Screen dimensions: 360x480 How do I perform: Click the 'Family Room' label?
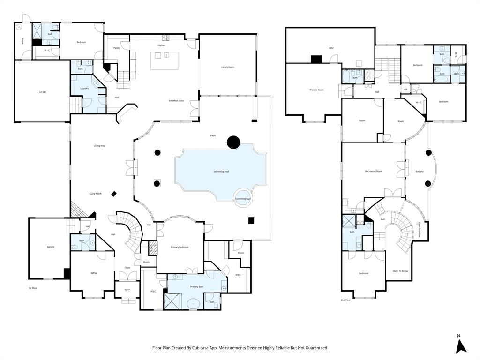click(x=228, y=67)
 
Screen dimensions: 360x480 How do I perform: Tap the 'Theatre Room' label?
click(x=316, y=90)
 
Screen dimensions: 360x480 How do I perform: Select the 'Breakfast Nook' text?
click(x=176, y=101)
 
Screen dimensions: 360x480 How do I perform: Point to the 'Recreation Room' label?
click(x=374, y=172)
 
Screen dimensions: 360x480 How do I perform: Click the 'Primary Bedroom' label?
click(x=180, y=247)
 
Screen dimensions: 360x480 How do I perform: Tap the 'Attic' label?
click(x=331, y=48)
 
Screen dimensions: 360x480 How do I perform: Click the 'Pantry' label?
click(x=117, y=48)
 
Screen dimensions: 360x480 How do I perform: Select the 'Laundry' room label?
click(x=84, y=88)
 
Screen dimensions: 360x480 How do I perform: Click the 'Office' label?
click(x=94, y=273)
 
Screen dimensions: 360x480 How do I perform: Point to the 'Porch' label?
click(x=127, y=290)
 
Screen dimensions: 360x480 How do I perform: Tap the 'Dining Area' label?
click(x=99, y=146)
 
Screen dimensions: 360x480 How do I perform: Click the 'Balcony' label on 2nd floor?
click(x=420, y=172)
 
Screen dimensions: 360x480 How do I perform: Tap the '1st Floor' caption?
click(x=33, y=288)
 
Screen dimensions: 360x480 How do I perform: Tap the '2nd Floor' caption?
click(x=345, y=300)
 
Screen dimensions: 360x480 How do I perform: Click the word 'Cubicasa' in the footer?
click(x=209, y=348)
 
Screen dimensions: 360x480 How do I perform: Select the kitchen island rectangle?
click(x=165, y=61)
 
